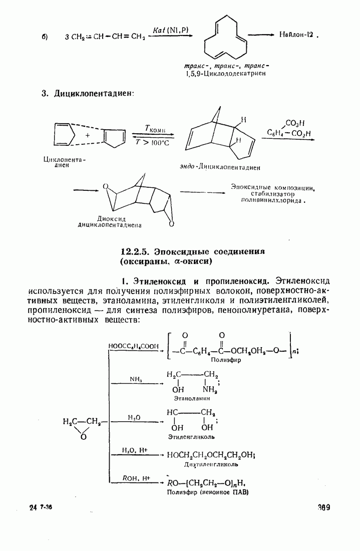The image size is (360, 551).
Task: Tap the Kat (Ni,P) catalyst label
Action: (x=171, y=30)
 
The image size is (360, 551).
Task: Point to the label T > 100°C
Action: (x=152, y=143)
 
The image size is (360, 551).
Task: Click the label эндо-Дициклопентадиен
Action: (x=222, y=166)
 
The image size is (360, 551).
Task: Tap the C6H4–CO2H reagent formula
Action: (x=289, y=133)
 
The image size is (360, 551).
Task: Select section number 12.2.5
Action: (x=136, y=251)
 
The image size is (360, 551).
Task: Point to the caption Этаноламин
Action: (x=191, y=399)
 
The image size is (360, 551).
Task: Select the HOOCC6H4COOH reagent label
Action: (x=133, y=346)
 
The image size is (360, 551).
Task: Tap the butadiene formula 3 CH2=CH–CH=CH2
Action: (x=105, y=37)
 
